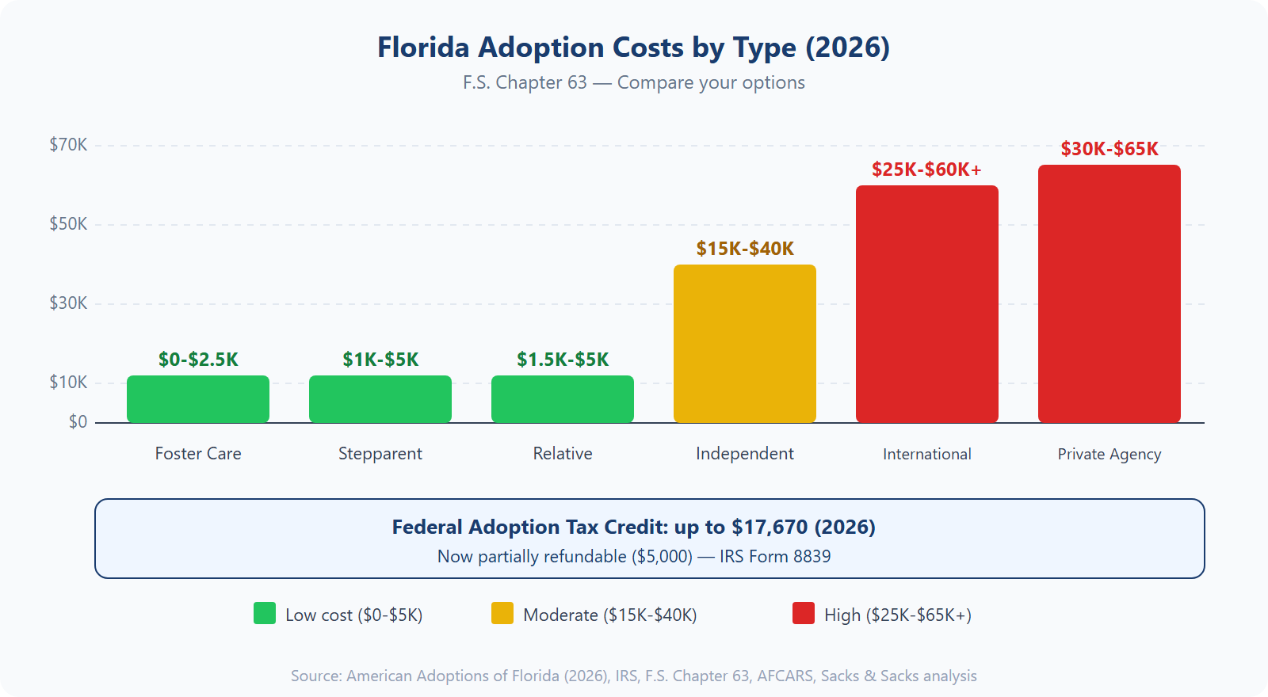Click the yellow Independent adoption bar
(745, 344)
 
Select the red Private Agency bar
(1109, 294)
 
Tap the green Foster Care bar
(198, 399)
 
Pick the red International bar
(927, 304)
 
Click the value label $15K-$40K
(745, 249)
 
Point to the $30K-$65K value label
(1109, 149)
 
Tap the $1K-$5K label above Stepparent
(380, 360)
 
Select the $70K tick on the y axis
(68, 145)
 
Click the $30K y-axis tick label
(68, 303)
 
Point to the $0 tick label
(78, 422)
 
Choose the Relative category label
(563, 454)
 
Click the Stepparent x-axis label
(380, 454)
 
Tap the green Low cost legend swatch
(265, 614)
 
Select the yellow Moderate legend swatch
(502, 614)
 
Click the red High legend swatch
(804, 614)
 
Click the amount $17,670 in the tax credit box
(770, 528)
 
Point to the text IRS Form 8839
(775, 557)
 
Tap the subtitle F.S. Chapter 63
(525, 83)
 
